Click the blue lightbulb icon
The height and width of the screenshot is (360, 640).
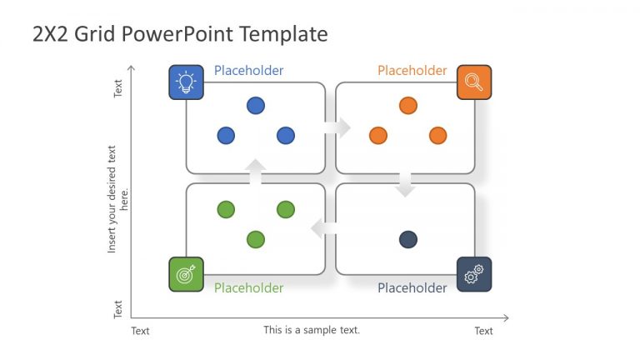(x=185, y=82)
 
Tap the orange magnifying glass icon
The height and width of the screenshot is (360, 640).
(x=474, y=82)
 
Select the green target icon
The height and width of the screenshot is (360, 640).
(x=186, y=274)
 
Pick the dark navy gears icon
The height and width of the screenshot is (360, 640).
(x=474, y=274)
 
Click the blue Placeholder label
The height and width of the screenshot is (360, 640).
(x=248, y=71)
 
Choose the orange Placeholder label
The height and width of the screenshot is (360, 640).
(x=412, y=71)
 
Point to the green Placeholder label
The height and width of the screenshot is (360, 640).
(x=248, y=288)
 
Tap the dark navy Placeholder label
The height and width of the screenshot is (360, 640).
(x=412, y=288)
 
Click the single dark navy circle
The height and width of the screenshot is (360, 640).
(x=407, y=240)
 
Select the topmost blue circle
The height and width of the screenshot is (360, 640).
(x=256, y=106)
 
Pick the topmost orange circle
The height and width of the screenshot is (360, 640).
(x=407, y=106)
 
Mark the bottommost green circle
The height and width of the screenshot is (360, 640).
(x=256, y=240)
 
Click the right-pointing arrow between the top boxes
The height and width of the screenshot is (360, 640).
(x=337, y=127)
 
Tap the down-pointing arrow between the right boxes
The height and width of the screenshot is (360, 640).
(x=405, y=184)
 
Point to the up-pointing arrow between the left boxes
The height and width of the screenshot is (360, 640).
(x=256, y=171)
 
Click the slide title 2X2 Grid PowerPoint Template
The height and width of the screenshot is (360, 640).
(x=180, y=34)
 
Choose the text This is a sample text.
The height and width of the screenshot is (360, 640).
(x=312, y=330)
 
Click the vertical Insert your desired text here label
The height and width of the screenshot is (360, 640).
(x=117, y=199)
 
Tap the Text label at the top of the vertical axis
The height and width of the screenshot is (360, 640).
(x=118, y=88)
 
